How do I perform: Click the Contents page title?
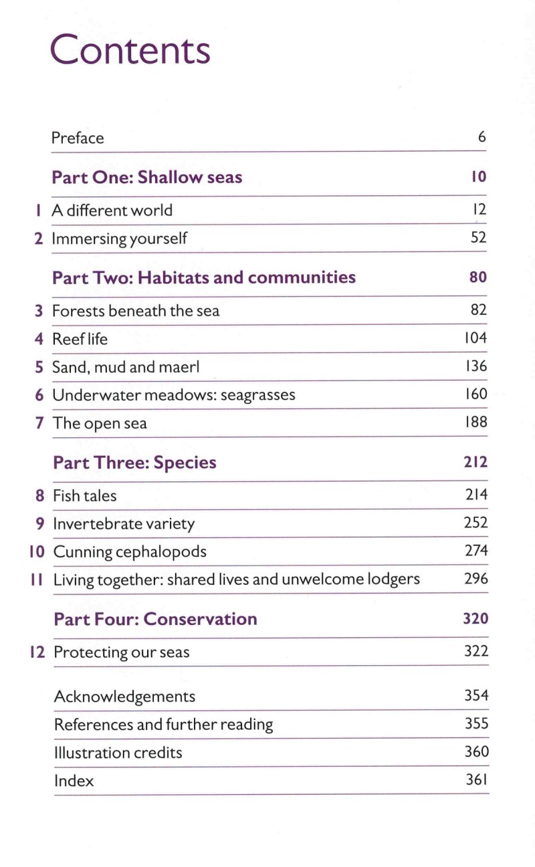130,50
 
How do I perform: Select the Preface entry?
78,138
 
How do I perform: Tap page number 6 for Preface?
481,138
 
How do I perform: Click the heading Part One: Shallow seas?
146,177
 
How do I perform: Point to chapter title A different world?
112,211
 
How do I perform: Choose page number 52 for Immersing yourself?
478,237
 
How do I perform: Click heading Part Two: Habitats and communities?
203,277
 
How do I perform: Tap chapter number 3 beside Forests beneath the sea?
39,311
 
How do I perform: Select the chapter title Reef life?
80,339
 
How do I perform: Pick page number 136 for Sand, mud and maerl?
475,366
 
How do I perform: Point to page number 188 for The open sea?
475,422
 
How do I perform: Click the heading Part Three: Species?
134,463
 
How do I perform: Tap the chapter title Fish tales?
84,496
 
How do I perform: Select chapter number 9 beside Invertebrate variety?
40,524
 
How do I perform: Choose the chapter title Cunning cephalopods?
130,552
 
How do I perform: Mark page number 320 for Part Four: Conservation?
475,618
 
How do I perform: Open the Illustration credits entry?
118,753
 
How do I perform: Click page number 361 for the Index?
476,780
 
